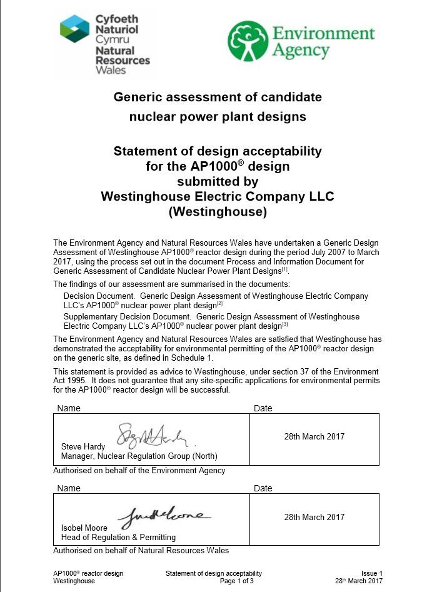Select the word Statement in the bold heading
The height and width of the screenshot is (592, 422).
(x=143, y=151)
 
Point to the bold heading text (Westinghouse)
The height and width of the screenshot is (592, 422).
(x=218, y=212)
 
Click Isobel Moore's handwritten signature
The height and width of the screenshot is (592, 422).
(x=164, y=516)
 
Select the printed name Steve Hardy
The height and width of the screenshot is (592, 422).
(x=83, y=447)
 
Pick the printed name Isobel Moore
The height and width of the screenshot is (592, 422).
(x=84, y=528)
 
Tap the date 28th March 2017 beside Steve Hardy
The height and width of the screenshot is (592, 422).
(x=314, y=436)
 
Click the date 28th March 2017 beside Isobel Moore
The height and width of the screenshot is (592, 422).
(x=314, y=517)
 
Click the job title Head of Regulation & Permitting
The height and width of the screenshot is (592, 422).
(x=118, y=537)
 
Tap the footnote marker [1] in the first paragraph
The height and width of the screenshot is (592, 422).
(x=284, y=269)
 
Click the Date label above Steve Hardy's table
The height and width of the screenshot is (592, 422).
(x=263, y=408)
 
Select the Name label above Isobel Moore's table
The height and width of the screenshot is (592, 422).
(x=69, y=488)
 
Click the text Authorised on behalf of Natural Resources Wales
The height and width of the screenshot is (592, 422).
(x=141, y=551)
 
